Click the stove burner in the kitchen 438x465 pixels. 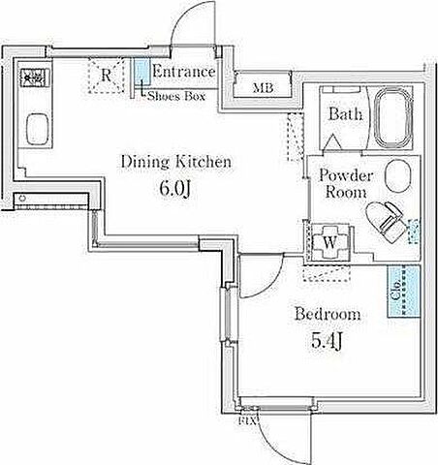(35, 77)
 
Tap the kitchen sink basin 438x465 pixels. (37, 129)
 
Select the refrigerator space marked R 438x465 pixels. (106, 76)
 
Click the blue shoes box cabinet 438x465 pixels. (142, 72)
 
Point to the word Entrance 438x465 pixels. (184, 71)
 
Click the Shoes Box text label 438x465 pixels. (176, 96)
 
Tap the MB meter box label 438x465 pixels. (263, 87)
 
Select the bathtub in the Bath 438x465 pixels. (393, 117)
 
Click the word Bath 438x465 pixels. (345, 114)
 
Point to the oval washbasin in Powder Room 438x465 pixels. (398, 176)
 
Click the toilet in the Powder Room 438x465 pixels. (386, 222)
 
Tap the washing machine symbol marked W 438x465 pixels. (329, 242)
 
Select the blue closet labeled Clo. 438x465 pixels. (404, 291)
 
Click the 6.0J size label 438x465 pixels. (175, 188)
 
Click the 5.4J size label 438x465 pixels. (327, 341)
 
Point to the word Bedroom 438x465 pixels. (328, 314)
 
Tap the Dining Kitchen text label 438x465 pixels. (176, 162)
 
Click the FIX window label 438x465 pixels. (247, 420)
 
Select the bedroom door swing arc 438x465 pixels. (272, 284)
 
